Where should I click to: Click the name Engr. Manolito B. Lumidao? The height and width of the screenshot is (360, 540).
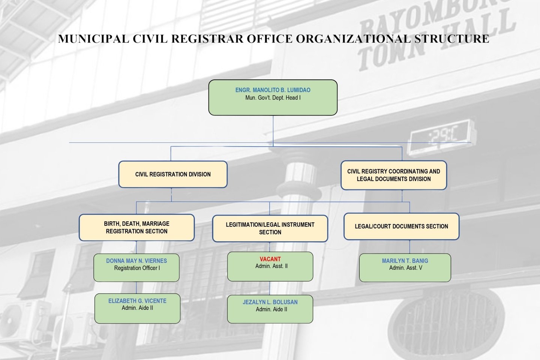pyautogui.click(x=273, y=90)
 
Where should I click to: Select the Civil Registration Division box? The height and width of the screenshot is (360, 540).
pyautogui.click(x=173, y=174)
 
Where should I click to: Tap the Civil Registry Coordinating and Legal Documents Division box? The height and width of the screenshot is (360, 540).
pyautogui.click(x=394, y=175)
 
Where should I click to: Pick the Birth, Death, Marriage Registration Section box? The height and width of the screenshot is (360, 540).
pyautogui.click(x=136, y=228)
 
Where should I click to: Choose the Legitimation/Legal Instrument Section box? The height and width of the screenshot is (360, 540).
pyautogui.click(x=270, y=228)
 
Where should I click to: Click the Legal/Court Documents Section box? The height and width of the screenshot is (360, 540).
pyautogui.click(x=401, y=226)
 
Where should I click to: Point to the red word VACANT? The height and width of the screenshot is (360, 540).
pyautogui.click(x=270, y=259)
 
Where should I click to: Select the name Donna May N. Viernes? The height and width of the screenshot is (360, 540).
pyautogui.click(x=136, y=261)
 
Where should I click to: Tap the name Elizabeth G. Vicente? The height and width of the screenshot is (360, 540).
pyautogui.click(x=137, y=301)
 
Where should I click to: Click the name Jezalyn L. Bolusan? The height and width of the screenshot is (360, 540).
pyautogui.click(x=270, y=302)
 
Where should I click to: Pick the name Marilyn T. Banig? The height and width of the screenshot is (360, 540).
pyautogui.click(x=405, y=261)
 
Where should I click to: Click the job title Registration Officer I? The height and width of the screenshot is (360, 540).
pyautogui.click(x=137, y=268)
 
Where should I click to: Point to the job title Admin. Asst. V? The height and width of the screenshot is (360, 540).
pyautogui.click(x=405, y=268)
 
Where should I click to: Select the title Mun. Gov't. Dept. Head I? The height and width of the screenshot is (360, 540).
pyautogui.click(x=273, y=98)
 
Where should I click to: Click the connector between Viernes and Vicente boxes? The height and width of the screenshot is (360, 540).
pyautogui.click(x=136, y=288)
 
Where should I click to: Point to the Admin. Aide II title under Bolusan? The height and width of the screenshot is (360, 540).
pyautogui.click(x=271, y=309)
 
